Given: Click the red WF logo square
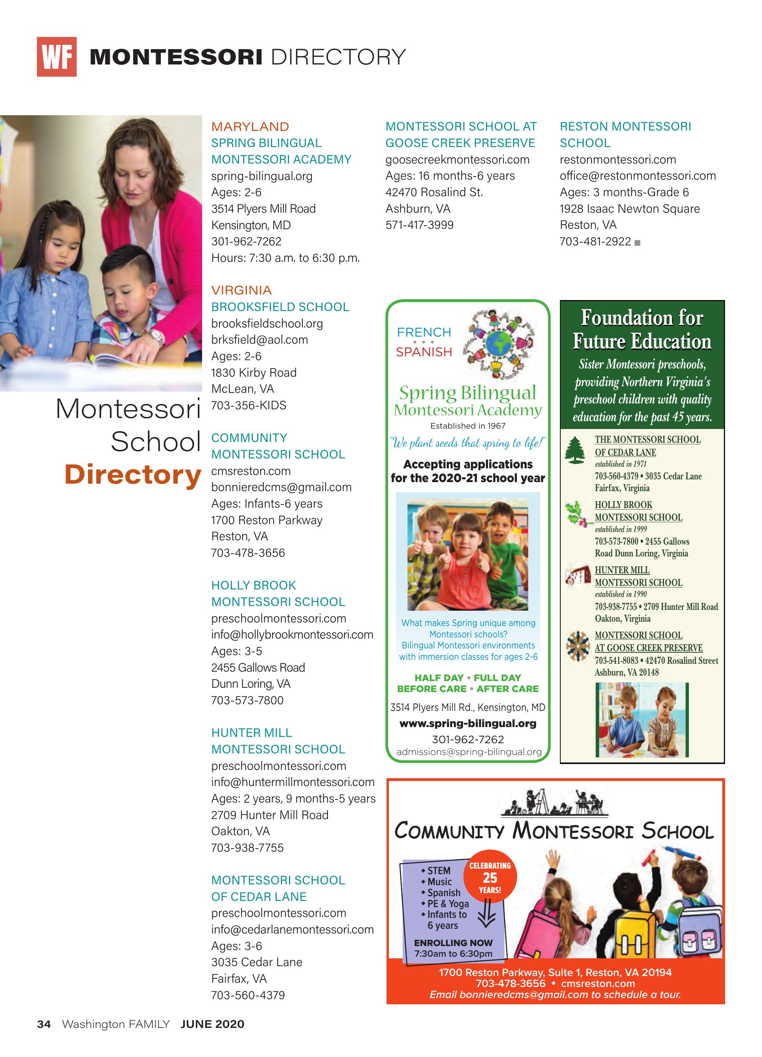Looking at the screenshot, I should click(x=56, y=57).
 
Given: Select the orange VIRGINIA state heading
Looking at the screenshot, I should click(x=241, y=290).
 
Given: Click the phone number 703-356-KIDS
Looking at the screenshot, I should click(x=248, y=405).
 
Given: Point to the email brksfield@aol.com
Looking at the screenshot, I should click(x=259, y=340).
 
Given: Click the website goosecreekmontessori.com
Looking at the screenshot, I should click(x=457, y=160).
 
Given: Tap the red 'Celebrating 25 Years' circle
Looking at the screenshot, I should click(x=490, y=878).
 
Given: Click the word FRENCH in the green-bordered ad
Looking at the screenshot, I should click(x=423, y=333).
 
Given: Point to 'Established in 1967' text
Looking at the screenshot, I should click(x=468, y=426).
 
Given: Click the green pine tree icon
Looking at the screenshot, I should click(x=575, y=450).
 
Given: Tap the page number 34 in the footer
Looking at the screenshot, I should click(x=44, y=1024).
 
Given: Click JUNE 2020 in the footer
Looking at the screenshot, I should click(x=213, y=1024).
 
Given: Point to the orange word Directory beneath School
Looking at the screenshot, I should click(x=133, y=475).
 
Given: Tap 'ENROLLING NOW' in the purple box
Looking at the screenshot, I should click(x=453, y=943).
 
